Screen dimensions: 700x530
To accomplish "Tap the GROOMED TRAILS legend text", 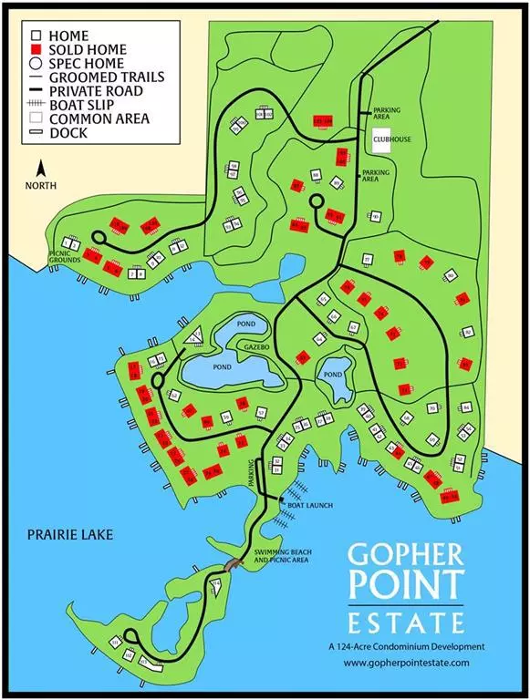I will click(x=107, y=77).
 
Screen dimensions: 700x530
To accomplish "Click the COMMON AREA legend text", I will click(x=99, y=118).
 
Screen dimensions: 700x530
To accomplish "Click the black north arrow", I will click(x=40, y=168).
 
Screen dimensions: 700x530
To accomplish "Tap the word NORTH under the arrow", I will click(x=40, y=185).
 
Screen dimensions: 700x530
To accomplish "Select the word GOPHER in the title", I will click(x=407, y=558).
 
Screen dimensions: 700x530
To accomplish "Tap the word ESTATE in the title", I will click(x=407, y=624).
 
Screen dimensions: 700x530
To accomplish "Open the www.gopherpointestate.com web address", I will click(x=407, y=663).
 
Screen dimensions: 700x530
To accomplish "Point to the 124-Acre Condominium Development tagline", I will click(x=407, y=646).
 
